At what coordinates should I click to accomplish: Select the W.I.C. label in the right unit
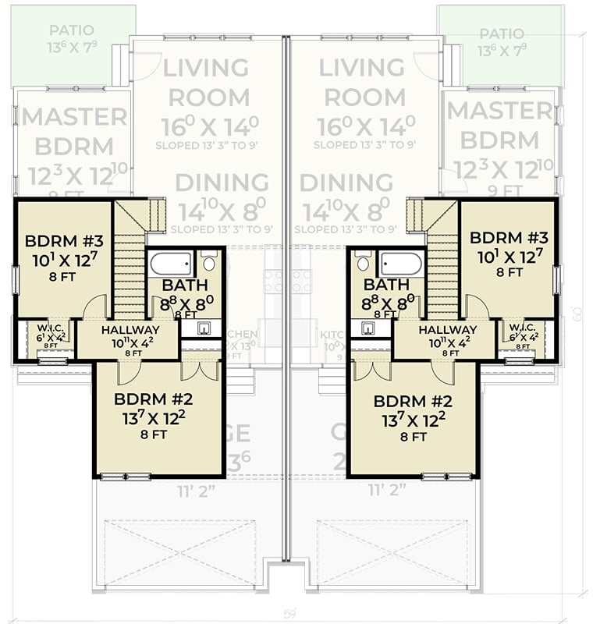click(521, 327)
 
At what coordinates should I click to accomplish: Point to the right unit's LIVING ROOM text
click(364, 83)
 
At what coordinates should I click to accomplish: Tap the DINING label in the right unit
click(346, 183)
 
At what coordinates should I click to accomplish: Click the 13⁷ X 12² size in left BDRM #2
click(154, 419)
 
